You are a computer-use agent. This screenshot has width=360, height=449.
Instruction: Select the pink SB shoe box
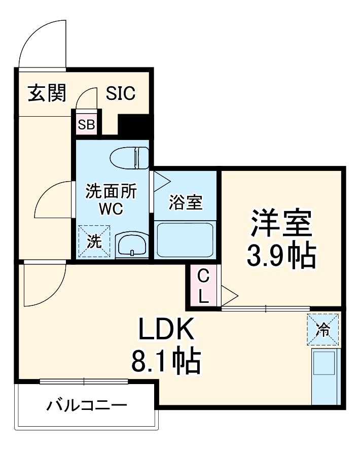tap(86, 125)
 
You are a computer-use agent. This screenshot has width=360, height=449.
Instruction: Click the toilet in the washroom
tap(130, 157)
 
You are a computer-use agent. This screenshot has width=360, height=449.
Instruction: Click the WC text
tap(111, 209)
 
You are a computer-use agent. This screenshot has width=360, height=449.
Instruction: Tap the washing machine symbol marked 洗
tap(94, 241)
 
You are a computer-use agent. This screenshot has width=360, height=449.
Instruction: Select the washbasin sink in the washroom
tap(131, 246)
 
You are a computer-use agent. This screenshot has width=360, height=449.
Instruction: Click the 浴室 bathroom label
tap(185, 202)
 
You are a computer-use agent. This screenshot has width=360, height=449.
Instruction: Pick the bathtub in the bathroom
tap(184, 239)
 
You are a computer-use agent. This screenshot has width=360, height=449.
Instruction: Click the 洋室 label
tap(281, 223)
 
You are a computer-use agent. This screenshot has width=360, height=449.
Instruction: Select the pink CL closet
tap(203, 286)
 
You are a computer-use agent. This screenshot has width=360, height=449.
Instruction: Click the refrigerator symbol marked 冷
tap(322, 330)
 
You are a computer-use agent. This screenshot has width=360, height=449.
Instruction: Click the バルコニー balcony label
tap(87, 406)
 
